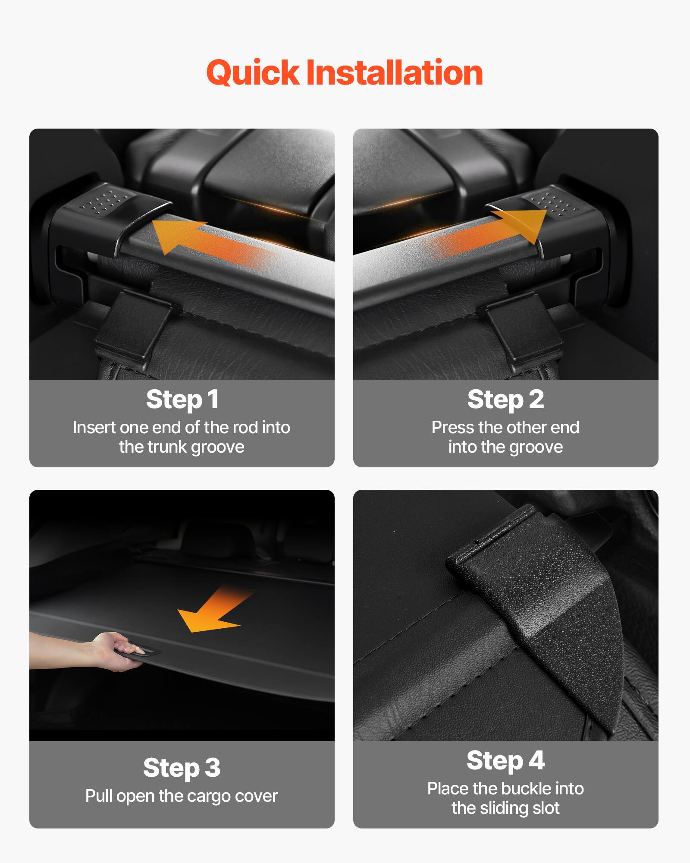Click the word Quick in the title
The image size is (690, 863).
coord(253,72)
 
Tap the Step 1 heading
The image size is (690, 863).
coord(182,399)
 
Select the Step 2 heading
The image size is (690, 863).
coord(505,399)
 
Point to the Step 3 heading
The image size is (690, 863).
coord(182,768)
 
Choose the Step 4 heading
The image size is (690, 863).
coord(505,760)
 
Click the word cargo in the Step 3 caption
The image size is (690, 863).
coord(209,796)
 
